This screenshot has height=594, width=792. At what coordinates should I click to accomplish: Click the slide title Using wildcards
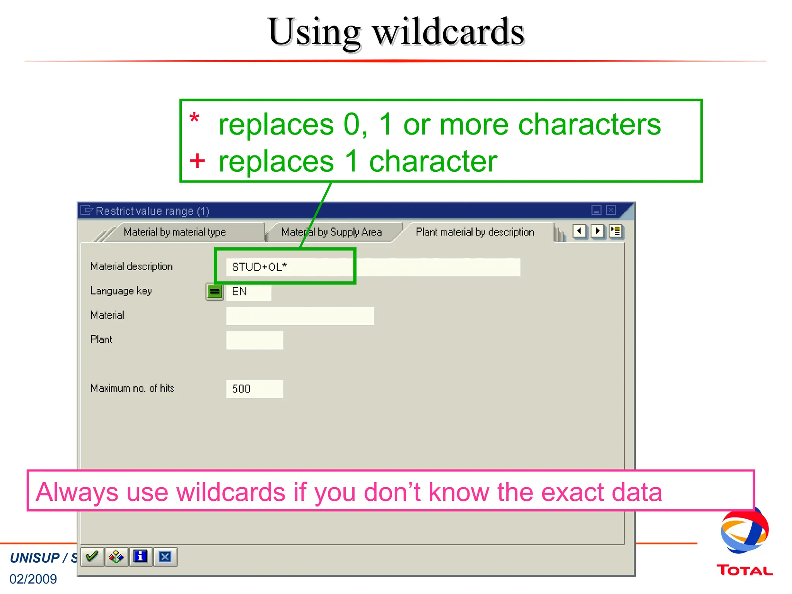(x=396, y=32)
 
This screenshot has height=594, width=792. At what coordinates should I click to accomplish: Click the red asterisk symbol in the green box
(x=195, y=118)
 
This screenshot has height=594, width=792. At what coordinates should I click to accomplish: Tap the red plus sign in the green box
(x=197, y=161)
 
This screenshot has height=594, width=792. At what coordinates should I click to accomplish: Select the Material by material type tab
(x=174, y=232)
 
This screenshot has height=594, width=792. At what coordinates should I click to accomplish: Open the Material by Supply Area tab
(x=331, y=232)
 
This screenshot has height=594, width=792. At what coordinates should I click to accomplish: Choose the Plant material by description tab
(x=475, y=232)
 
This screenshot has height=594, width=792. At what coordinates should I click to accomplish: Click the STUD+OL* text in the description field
(x=259, y=267)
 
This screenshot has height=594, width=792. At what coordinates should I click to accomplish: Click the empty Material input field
(x=300, y=316)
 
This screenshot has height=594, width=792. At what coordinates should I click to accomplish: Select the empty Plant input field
(x=254, y=340)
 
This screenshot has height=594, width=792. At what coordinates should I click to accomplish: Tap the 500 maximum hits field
(x=254, y=389)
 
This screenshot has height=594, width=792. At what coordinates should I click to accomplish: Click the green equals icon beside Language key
(x=215, y=292)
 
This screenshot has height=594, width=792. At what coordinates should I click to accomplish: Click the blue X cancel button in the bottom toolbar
(x=165, y=557)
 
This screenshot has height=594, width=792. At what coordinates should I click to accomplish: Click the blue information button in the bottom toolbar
(x=140, y=557)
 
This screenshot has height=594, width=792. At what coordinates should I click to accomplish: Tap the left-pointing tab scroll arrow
(x=579, y=231)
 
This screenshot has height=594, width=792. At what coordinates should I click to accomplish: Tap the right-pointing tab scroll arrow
(x=597, y=231)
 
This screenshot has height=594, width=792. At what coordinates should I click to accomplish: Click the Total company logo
(x=744, y=541)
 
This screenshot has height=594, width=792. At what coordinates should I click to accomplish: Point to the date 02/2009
(x=33, y=579)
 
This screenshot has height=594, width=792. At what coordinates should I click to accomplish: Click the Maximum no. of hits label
(x=132, y=388)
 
